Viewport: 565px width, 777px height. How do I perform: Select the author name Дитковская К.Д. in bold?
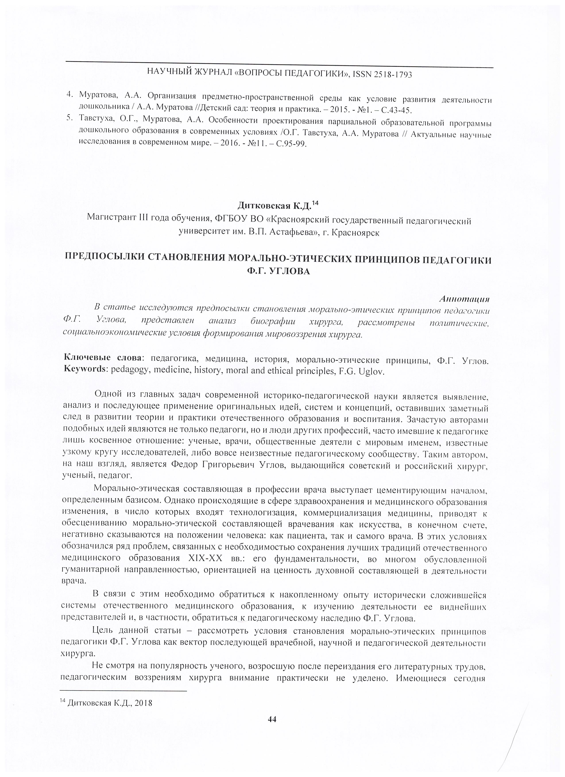[x=274, y=206]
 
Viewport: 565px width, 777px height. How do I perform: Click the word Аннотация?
[x=464, y=299]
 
